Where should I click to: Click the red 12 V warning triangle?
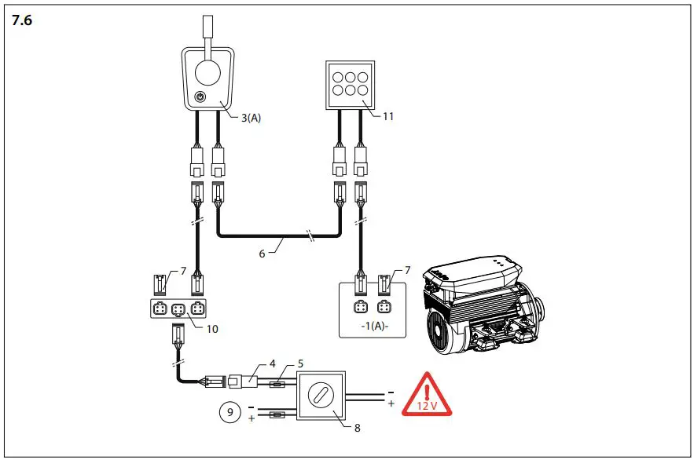click(426, 396)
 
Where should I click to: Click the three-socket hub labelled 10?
click(177, 308)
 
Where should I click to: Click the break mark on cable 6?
click(312, 234)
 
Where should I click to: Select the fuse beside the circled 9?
click(277, 414)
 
